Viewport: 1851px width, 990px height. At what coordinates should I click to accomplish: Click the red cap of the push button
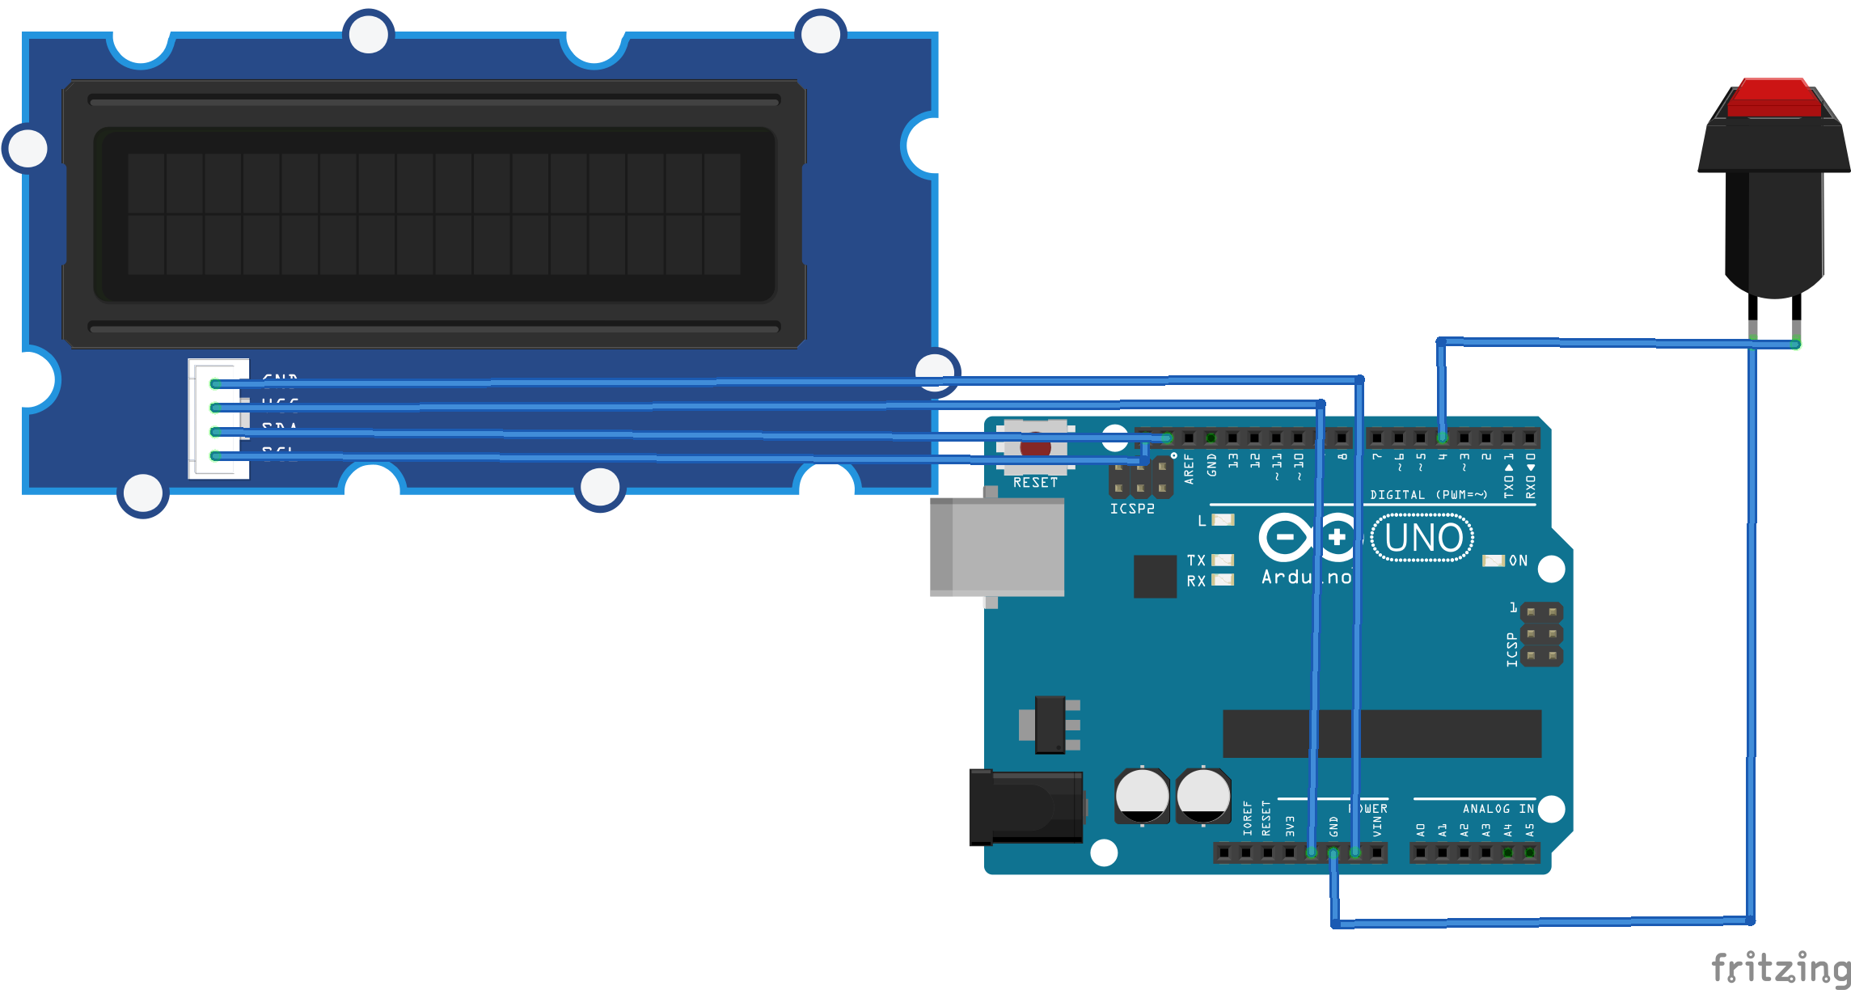[x=1774, y=99]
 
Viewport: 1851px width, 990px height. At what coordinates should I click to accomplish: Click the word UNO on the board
[x=1423, y=539]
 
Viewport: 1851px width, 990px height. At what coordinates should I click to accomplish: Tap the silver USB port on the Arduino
[x=997, y=548]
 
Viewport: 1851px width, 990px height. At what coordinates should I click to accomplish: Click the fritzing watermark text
[x=1780, y=968]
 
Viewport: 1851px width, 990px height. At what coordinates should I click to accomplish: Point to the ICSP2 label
[x=1132, y=509]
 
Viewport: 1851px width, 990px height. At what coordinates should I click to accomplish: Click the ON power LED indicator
[x=1493, y=561]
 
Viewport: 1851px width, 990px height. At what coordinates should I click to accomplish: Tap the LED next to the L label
[x=1223, y=520]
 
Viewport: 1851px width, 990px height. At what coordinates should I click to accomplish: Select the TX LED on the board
[x=1223, y=560]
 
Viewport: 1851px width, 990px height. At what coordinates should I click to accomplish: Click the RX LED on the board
[x=1223, y=580]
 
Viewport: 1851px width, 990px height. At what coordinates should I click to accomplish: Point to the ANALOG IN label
[x=1498, y=809]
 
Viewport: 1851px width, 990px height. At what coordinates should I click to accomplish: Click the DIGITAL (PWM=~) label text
[x=1428, y=495]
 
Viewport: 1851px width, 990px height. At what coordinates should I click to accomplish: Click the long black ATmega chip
[x=1382, y=734]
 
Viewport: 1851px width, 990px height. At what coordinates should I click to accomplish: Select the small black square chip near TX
[x=1155, y=576]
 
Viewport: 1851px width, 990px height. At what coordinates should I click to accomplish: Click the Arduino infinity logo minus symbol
[x=1285, y=537]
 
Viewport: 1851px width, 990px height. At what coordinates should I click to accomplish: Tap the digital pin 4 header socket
[x=1443, y=438]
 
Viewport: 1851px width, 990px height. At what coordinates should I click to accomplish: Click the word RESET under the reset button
[x=1035, y=483]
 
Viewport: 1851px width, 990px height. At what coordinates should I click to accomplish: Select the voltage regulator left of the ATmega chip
[x=1050, y=725]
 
